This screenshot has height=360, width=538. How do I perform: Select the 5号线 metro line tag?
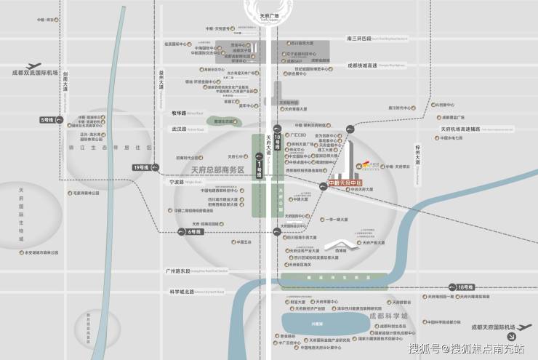click(48, 119)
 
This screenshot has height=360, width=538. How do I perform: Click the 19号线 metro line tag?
click(140, 167)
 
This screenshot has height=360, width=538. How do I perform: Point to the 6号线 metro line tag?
click(193, 231)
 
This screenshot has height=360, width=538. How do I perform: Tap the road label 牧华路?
click(179, 113)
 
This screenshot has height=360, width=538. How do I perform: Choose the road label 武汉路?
click(179, 128)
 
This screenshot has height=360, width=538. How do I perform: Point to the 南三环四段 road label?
click(359, 38)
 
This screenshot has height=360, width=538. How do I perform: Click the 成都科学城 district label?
click(388, 316)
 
